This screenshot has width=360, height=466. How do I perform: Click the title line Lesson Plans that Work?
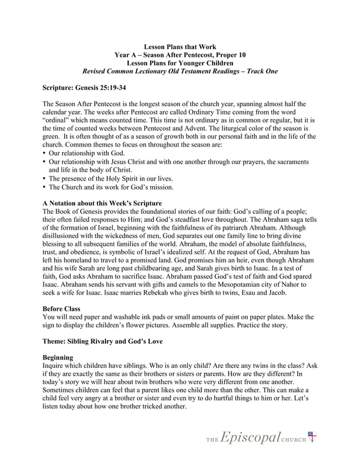pos(180,46)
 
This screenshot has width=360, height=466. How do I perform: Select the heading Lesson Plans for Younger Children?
pos(180,63)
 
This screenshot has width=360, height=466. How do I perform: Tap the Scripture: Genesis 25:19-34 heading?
pos(84,89)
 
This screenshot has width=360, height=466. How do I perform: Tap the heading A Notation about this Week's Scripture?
pos(102,203)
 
